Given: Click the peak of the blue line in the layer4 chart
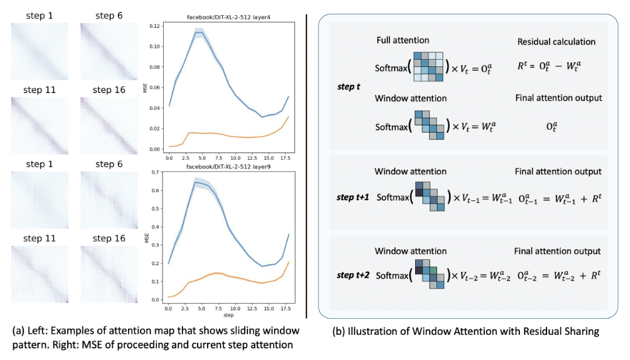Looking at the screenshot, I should (x=198, y=32).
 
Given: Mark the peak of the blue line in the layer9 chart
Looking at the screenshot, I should (x=196, y=182).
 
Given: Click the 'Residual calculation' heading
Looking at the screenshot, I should (x=556, y=42).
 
